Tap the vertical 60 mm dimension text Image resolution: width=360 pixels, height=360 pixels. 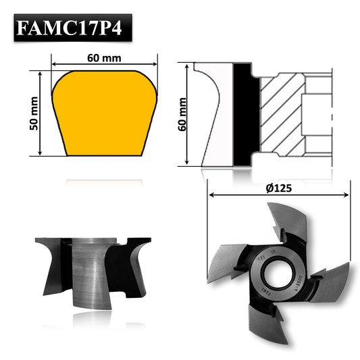pyautogui.click(x=182, y=114)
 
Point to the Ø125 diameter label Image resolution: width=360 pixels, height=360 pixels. pyautogui.click(x=278, y=188)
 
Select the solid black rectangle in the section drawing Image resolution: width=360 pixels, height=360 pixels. pyautogui.click(x=245, y=115)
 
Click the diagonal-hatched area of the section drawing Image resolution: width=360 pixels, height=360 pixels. pyautogui.click(x=280, y=115)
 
